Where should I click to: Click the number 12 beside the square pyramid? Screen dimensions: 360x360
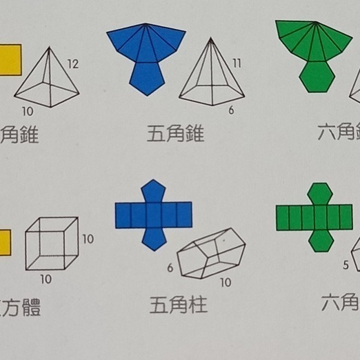tap(73, 65)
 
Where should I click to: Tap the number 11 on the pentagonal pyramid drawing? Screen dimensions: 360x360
tap(237, 65)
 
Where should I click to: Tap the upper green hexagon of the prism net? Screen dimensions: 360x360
tap(319, 194)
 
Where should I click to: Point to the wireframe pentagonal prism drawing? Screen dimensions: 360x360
tap(210, 253)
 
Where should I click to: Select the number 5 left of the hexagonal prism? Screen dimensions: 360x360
tap(346, 265)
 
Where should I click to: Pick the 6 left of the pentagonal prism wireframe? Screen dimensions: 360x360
tap(170, 268)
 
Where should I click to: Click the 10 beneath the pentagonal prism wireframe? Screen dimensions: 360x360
tap(226, 282)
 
